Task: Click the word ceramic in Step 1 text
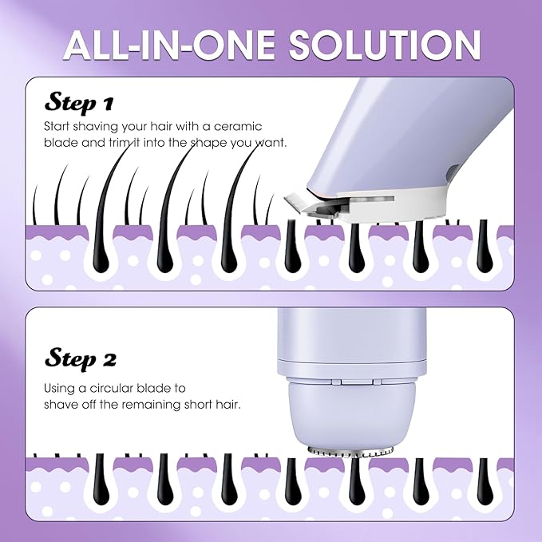[260, 127]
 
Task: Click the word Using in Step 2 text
[61, 388]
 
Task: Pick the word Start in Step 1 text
[58, 127]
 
